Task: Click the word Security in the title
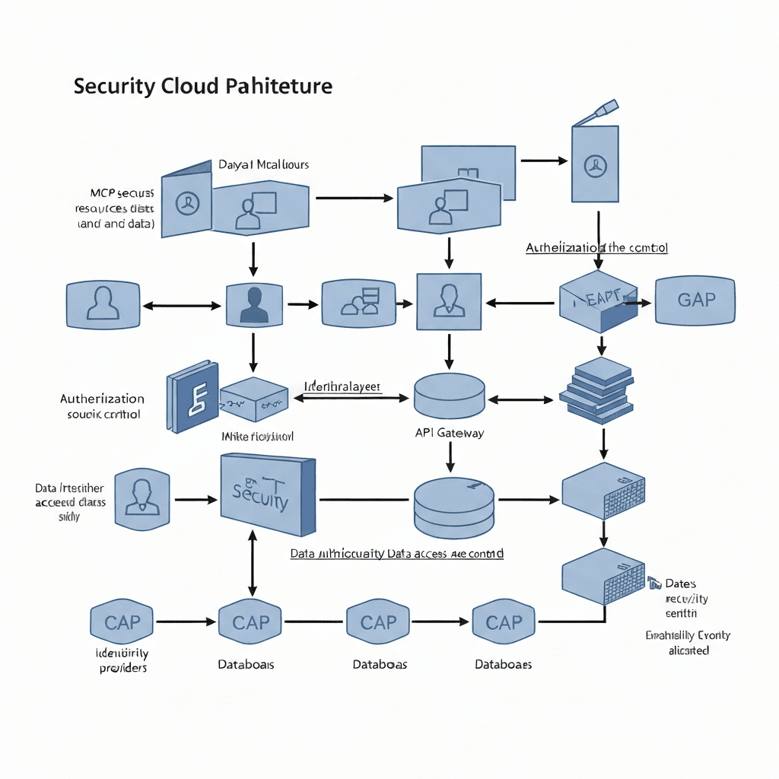click(x=115, y=86)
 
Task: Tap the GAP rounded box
click(x=695, y=299)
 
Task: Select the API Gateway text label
click(x=450, y=433)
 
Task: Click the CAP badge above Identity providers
click(x=122, y=622)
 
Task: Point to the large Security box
click(x=267, y=495)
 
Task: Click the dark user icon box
click(x=254, y=305)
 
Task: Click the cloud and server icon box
click(x=360, y=304)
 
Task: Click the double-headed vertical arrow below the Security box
click(x=253, y=564)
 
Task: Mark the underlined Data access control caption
click(x=396, y=554)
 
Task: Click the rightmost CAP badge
click(x=504, y=622)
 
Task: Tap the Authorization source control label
click(x=102, y=406)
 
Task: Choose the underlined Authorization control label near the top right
click(x=596, y=248)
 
